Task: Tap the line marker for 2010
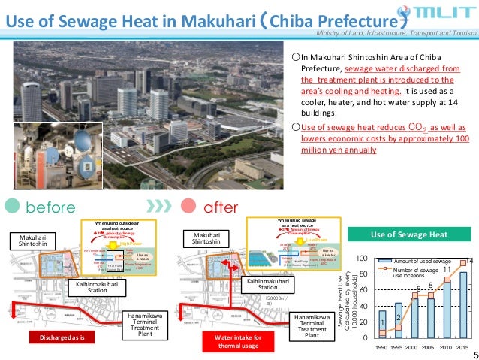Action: click(x=447, y=280)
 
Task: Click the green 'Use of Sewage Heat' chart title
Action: click(x=410, y=234)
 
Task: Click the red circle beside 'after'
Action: click(x=188, y=206)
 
